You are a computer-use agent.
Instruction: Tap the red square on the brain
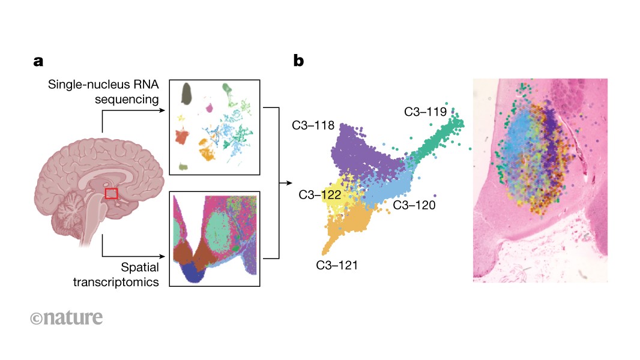coord(111,193)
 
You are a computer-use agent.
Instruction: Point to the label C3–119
coord(424,111)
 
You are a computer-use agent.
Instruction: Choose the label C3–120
coord(414,205)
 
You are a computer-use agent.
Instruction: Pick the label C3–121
coord(337,265)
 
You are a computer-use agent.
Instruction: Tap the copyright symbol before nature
coord(35,319)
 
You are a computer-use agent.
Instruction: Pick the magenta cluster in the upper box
coord(210,108)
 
